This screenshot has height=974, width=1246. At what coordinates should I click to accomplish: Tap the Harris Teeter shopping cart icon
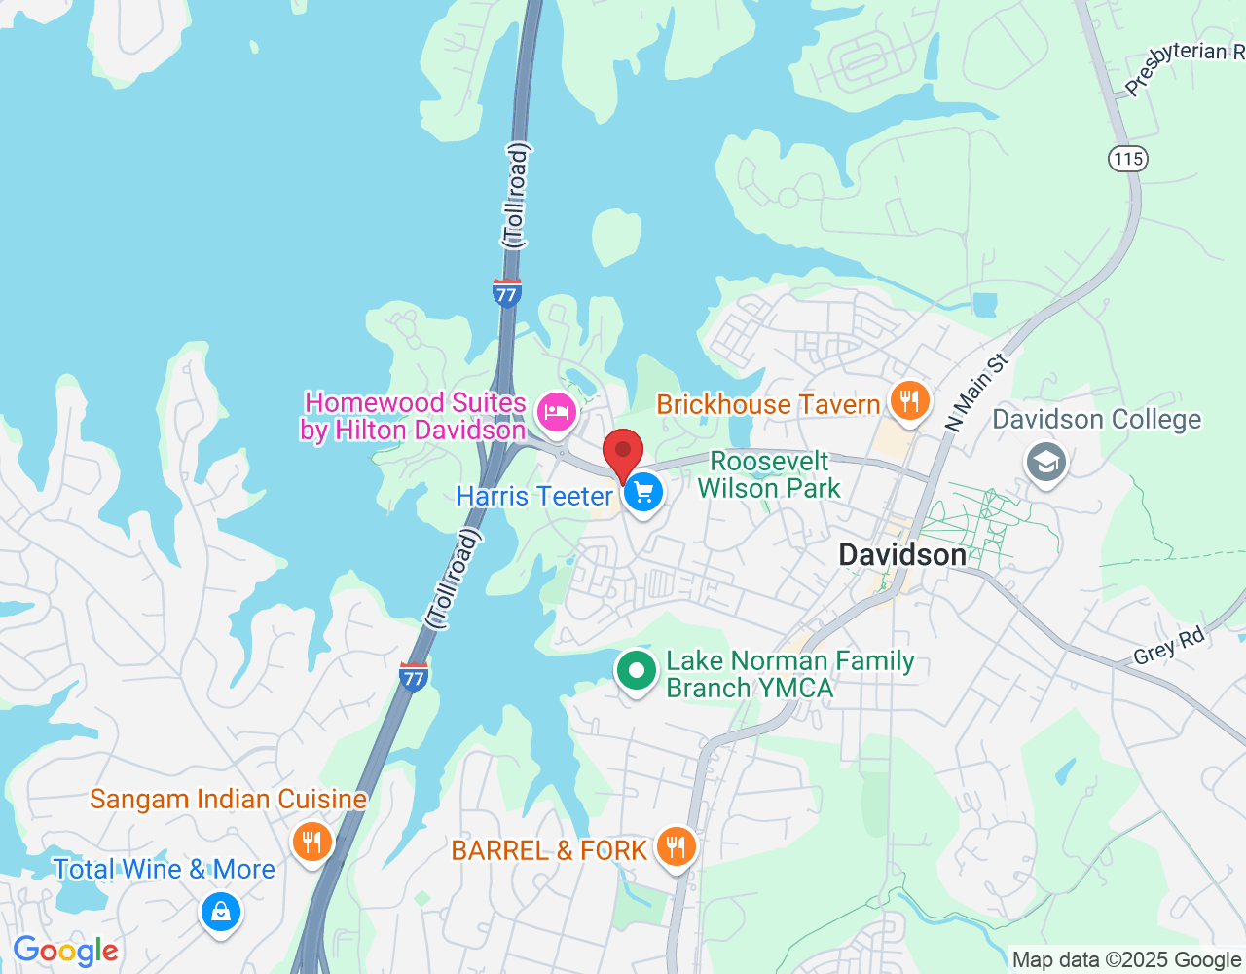642,493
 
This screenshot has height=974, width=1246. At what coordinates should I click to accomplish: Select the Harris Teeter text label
534,496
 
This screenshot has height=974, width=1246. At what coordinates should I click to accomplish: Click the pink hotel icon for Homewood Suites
556,412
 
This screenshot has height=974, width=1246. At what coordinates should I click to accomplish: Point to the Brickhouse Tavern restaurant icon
909,401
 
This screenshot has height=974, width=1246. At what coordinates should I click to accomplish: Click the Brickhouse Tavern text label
768,404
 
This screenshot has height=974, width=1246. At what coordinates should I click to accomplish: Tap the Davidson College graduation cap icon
1045,463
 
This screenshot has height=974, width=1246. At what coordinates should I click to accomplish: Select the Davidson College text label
1096,420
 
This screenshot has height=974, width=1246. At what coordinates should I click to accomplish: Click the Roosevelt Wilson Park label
769,474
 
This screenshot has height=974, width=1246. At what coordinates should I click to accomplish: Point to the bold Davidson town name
902,554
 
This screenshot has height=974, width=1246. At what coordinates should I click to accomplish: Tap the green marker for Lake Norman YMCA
636,671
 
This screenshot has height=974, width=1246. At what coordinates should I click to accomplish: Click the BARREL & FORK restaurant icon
675,846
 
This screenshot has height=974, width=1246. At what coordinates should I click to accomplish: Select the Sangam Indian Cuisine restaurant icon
311,841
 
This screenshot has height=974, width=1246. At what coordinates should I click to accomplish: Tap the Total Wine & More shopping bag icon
221,912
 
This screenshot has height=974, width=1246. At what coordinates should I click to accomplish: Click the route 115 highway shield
1127,159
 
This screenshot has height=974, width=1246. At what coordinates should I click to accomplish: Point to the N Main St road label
976,393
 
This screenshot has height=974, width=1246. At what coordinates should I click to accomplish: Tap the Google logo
65,951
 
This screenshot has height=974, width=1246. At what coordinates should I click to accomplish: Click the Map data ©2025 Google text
1126,960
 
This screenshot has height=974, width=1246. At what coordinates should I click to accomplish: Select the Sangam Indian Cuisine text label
229,800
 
